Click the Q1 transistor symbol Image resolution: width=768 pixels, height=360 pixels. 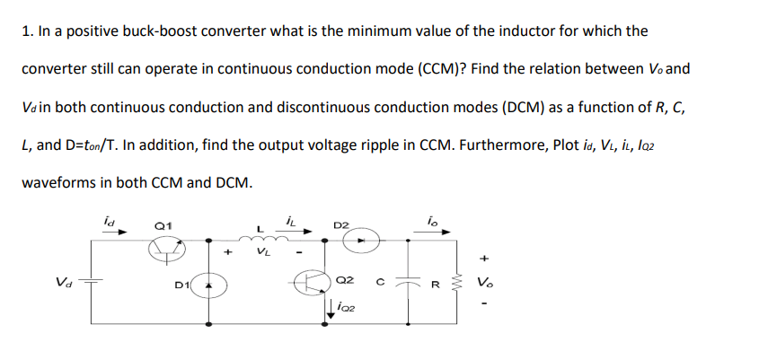click(163, 253)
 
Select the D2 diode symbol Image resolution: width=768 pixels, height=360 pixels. click(363, 241)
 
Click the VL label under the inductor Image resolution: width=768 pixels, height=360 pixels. click(263, 253)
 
